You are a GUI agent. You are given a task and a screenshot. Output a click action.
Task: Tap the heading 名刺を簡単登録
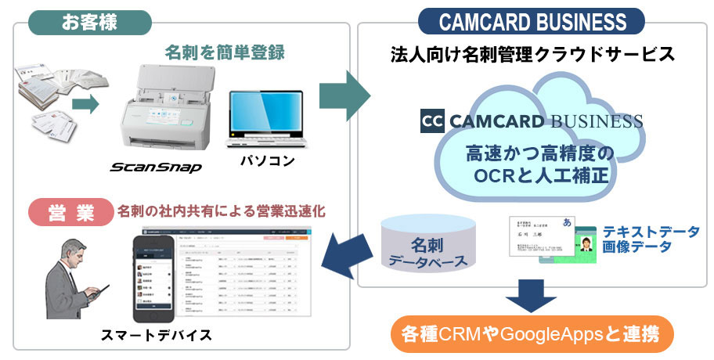coord(224,52)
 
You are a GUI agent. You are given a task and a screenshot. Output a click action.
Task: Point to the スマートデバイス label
coord(156,335)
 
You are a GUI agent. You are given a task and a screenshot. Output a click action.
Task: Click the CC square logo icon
coord(431,121)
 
